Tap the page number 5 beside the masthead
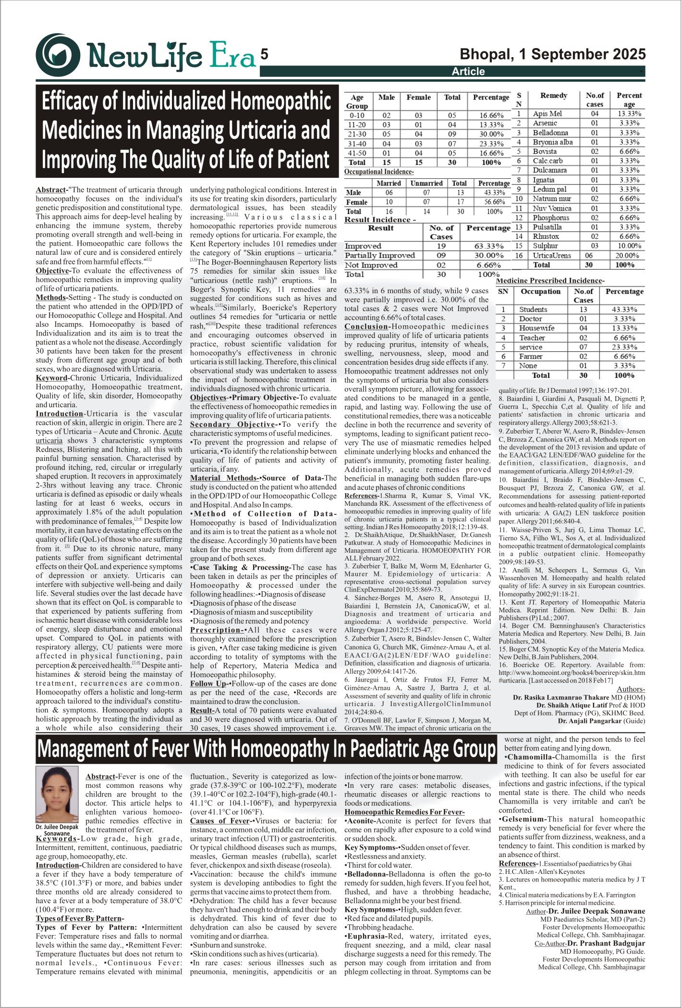click(x=264, y=54)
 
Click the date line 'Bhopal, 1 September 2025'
click(x=552, y=54)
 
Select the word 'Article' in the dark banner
click(x=468, y=72)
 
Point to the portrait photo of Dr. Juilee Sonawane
click(x=57, y=794)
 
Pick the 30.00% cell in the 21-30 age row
click(x=491, y=134)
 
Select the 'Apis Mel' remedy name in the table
click(x=547, y=114)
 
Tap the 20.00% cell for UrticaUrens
click(x=629, y=255)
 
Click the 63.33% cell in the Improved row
click(x=489, y=246)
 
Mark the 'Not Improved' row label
click(x=371, y=265)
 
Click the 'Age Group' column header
click(x=357, y=101)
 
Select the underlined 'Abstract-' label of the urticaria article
click(x=51, y=190)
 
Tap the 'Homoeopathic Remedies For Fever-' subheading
click(x=404, y=812)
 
